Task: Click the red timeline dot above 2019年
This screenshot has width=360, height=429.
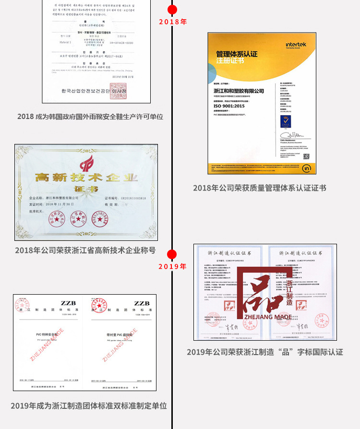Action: click(172, 255)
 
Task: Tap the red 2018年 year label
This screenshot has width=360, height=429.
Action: click(172, 22)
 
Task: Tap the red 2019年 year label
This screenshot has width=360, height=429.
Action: click(172, 267)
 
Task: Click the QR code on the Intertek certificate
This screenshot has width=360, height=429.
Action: click(306, 156)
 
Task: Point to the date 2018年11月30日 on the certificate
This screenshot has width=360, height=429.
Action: click(67, 204)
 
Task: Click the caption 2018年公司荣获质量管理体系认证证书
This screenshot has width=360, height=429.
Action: click(260, 188)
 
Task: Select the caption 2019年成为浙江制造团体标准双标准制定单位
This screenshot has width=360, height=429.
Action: click(89, 405)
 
